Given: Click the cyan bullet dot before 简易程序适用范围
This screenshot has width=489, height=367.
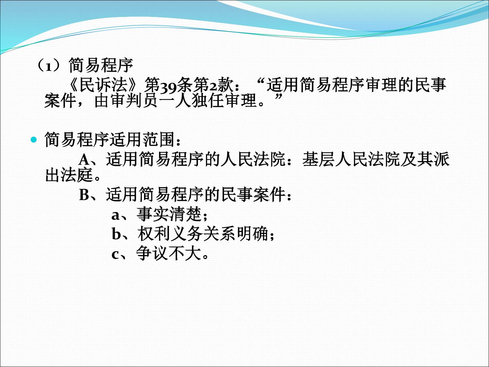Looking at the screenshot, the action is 34,140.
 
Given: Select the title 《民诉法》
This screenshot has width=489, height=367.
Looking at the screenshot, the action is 104,85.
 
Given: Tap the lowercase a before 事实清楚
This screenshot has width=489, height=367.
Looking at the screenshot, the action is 116,216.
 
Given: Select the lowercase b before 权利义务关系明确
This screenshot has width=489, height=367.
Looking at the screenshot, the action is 116,234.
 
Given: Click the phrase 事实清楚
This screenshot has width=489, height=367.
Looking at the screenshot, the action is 169,214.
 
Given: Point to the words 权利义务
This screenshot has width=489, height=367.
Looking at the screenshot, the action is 170,234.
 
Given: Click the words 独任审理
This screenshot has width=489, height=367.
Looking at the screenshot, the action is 225,101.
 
